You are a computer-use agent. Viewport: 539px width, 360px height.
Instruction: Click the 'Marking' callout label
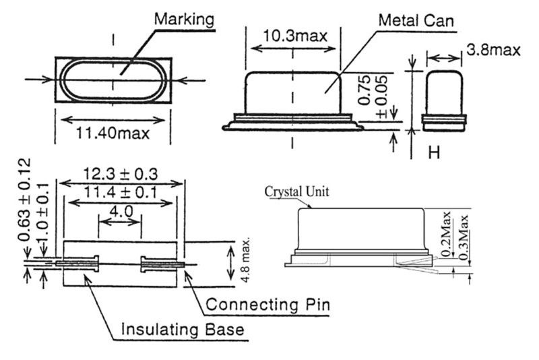[185, 18]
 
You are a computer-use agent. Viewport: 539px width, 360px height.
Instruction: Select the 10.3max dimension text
[292, 36]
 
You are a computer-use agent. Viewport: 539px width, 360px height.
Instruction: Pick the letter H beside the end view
[435, 153]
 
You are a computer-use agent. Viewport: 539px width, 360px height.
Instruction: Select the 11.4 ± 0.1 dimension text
[121, 193]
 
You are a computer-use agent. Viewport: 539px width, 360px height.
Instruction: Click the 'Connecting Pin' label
[267, 305]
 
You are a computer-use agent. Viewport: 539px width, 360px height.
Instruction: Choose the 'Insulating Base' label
[182, 330]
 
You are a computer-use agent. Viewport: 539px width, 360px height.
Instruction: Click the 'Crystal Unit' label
[297, 191]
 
